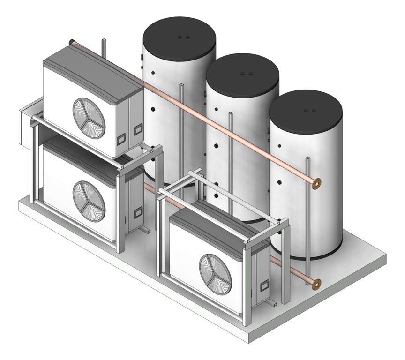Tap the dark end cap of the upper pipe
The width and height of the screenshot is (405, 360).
pos(71,42)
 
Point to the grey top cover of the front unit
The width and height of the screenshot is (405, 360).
pos(216,225)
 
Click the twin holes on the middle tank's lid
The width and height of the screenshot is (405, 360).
pos(246,74)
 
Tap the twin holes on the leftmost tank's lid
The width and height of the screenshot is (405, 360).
pos(183,36)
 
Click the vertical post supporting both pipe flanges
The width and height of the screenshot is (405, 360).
pos(307,220)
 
